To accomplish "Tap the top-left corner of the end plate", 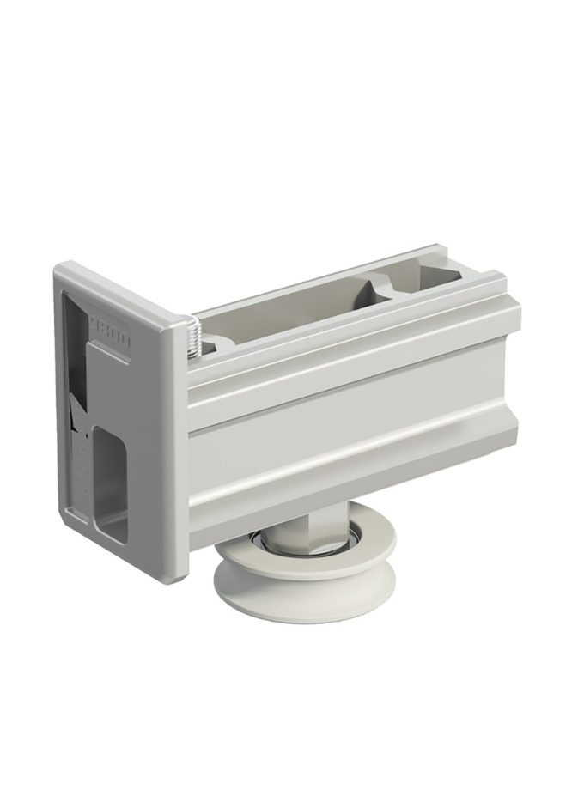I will (x=58, y=268).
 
